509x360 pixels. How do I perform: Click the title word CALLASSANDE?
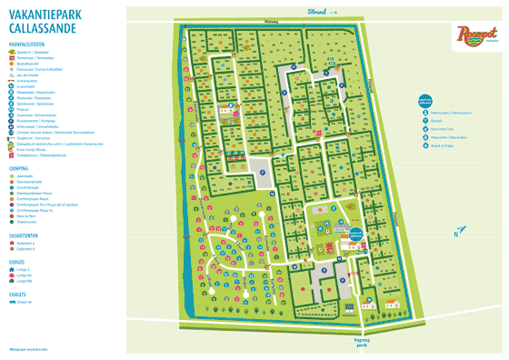point(41,29)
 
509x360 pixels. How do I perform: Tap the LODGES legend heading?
point(19,262)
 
